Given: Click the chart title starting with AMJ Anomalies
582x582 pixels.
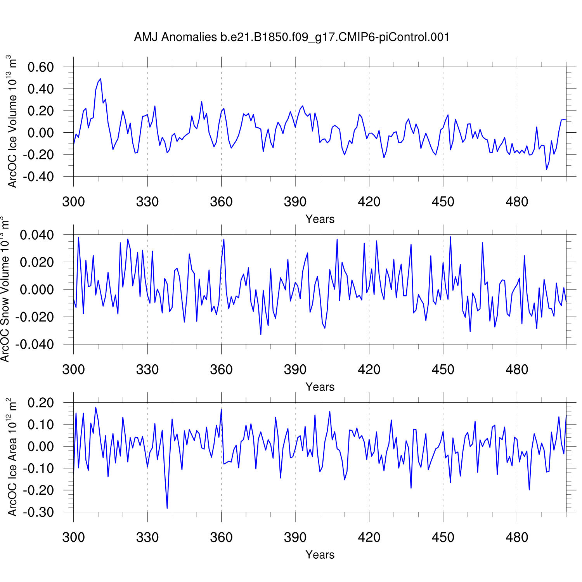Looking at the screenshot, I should tap(292, 37).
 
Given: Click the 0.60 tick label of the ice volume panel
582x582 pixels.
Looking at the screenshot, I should tap(40, 67).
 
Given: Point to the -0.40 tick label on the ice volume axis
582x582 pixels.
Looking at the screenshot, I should tap(38, 177).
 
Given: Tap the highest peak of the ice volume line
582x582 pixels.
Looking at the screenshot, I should tap(100, 79).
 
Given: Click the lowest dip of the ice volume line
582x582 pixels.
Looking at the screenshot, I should tap(546, 169).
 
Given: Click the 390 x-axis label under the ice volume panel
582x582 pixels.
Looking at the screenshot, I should tap(295, 202).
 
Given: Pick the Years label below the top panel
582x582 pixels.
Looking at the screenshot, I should tap(320, 219).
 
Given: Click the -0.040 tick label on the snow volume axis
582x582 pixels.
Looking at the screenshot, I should tap(35, 345).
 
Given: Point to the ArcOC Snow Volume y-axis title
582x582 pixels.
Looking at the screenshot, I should tap(5, 289).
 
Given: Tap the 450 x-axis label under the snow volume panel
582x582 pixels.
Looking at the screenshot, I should tap(443, 369).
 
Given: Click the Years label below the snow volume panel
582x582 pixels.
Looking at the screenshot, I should tap(320, 387).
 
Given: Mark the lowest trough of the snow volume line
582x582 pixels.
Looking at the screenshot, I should tap(261, 334).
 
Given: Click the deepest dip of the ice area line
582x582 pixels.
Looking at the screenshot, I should tap(167, 508).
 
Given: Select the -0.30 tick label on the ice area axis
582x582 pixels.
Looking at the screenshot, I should tap(38, 512).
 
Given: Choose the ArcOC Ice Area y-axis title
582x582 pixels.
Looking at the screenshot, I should tap(12, 457).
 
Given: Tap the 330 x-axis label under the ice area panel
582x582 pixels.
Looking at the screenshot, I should tap(147, 537).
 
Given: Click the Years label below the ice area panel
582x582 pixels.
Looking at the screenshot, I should tap(320, 555).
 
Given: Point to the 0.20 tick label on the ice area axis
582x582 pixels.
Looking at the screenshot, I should tap(40, 403).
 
